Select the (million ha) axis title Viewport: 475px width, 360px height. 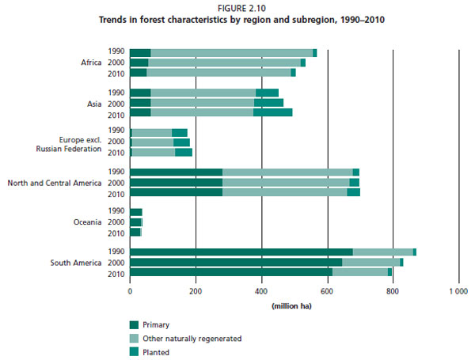294,305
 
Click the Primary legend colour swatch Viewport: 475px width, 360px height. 135,324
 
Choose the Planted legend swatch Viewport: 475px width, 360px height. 135,352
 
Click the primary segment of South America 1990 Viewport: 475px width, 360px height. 241,252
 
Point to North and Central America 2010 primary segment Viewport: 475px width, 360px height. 176,192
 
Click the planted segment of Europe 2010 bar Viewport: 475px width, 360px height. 184,152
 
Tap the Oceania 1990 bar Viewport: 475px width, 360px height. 135,212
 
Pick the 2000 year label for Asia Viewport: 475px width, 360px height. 116,103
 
